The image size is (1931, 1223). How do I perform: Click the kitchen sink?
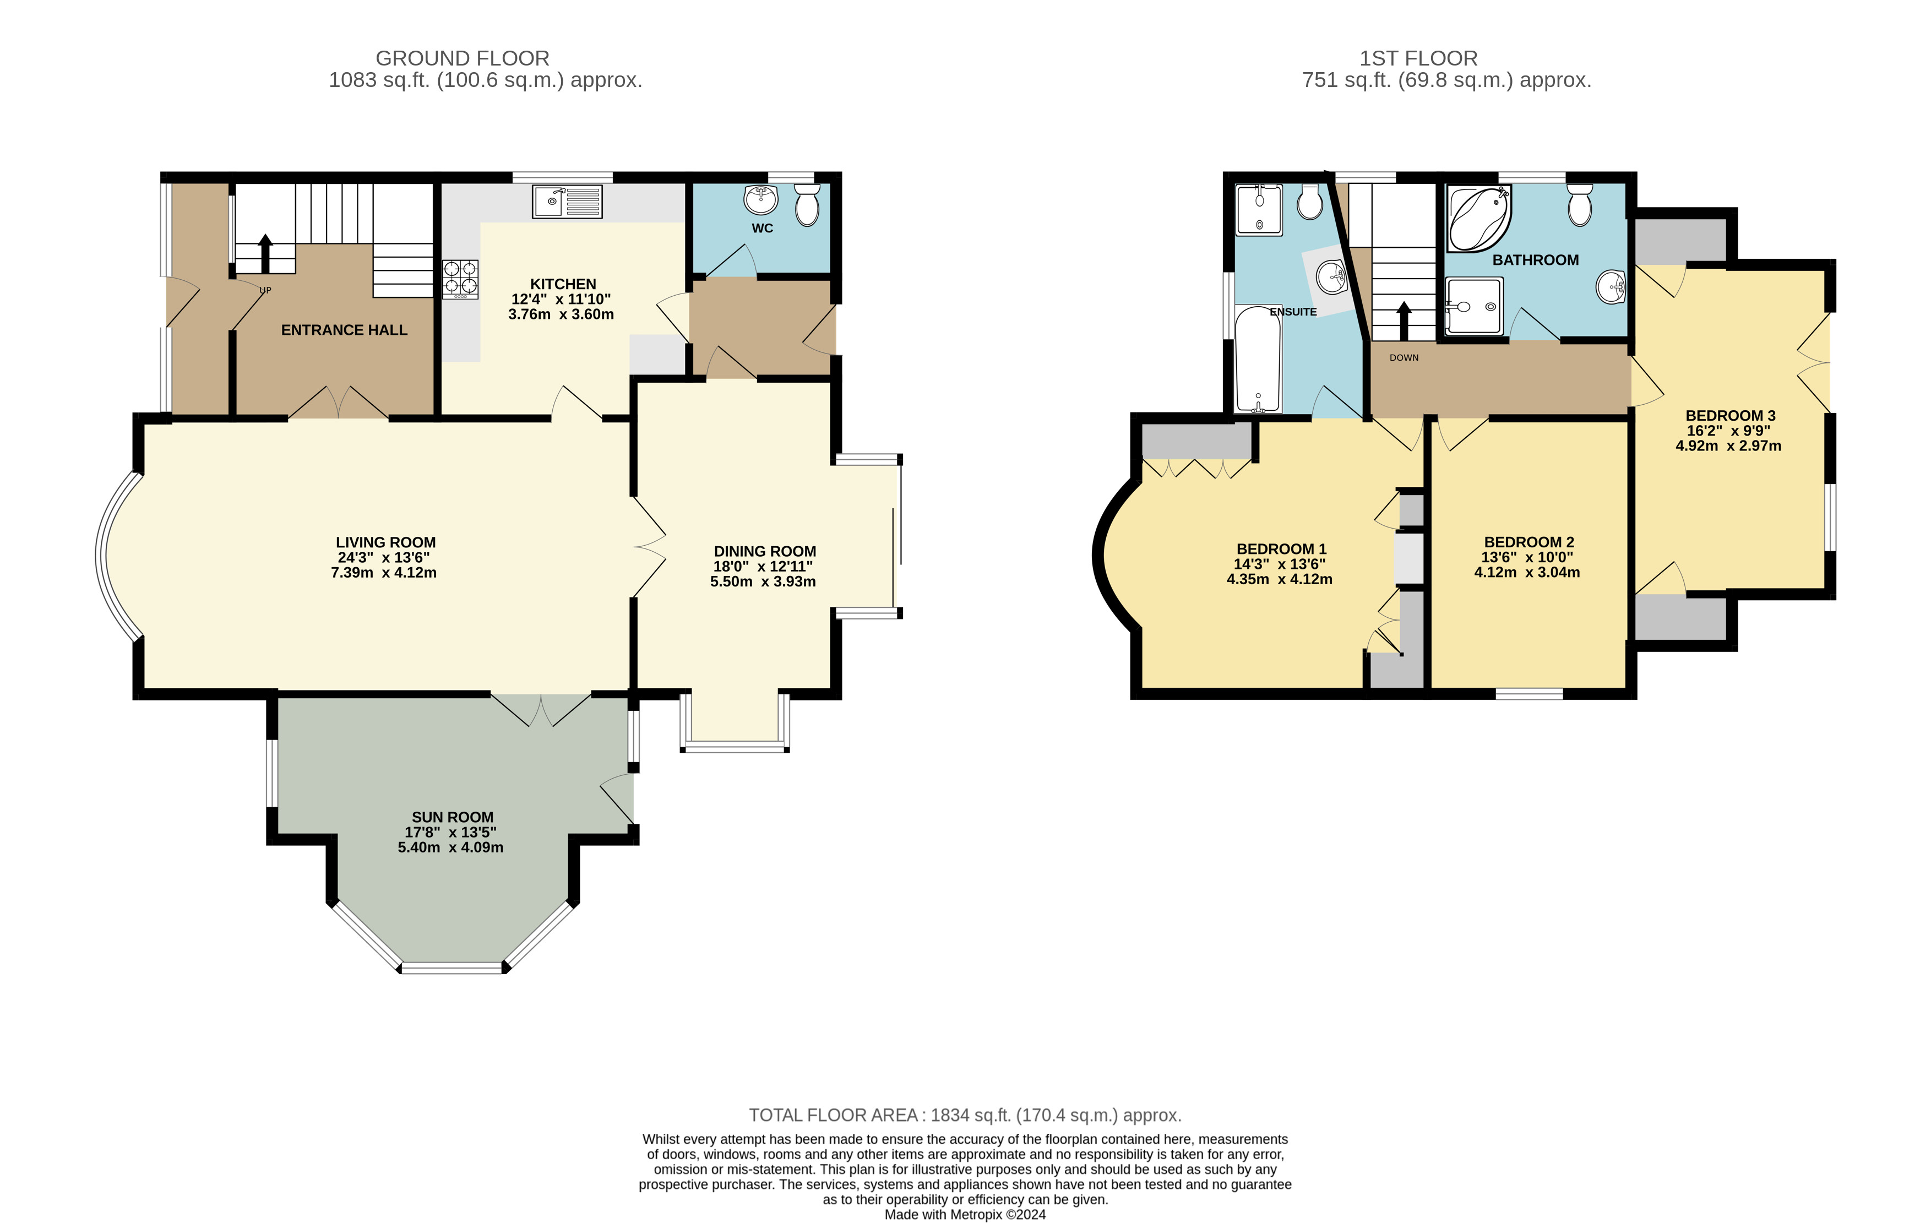[567, 202]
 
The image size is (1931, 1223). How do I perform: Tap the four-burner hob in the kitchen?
[460, 279]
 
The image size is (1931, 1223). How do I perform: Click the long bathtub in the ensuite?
[1258, 359]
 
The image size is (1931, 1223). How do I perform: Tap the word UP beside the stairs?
[265, 290]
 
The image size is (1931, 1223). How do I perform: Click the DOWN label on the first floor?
[1404, 358]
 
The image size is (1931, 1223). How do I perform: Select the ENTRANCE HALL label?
[344, 330]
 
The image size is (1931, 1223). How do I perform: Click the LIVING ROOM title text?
[386, 542]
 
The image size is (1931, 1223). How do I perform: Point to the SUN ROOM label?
[452, 817]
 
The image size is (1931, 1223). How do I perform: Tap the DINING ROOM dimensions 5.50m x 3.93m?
[763, 581]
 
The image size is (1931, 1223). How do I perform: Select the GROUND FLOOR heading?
[463, 58]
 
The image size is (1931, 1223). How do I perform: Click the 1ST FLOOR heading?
[1418, 58]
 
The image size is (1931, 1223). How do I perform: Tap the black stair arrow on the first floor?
[1404, 321]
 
